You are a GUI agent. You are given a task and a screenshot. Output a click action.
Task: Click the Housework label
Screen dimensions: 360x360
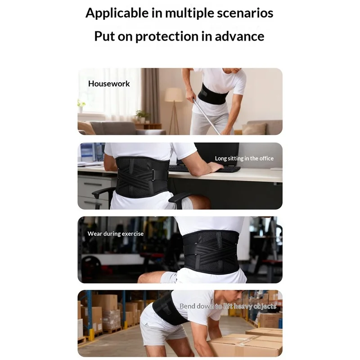coord(109,84)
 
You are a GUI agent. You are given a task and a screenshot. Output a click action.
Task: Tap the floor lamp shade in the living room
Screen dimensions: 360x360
coord(174,95)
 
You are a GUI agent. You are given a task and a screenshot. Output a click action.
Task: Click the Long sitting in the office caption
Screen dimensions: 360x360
coord(244,158)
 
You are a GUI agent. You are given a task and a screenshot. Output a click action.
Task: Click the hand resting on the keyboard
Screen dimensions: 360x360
coord(215,166)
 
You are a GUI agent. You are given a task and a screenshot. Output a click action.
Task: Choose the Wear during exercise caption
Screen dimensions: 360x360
coord(116,234)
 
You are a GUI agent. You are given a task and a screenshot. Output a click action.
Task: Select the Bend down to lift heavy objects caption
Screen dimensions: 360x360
coord(228,306)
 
